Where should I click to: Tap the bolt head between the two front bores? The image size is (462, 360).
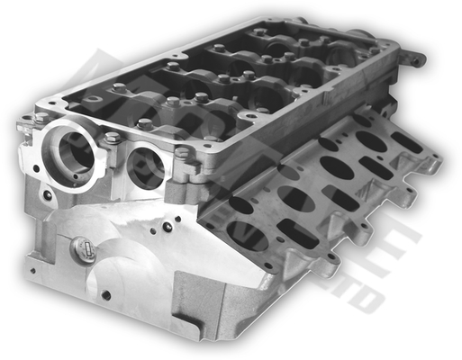[x=112, y=139]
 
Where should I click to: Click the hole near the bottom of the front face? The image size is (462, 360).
[x=106, y=295]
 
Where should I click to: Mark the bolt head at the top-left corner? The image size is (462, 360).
[x=41, y=118]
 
